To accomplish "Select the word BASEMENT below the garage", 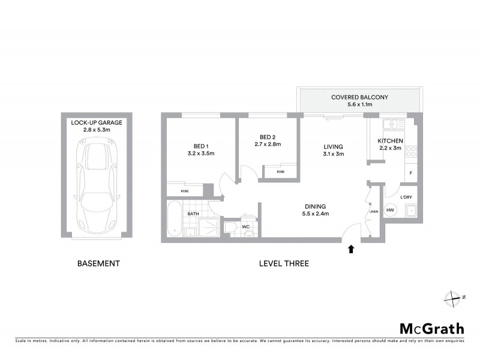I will click(x=99, y=263).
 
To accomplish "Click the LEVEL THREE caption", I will click(x=284, y=263).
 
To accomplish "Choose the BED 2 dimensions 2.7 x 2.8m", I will click(x=268, y=144).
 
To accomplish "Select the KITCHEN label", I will click(x=390, y=141).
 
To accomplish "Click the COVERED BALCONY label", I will click(x=360, y=97).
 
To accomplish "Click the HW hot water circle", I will click(x=390, y=210).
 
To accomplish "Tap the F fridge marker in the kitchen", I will click(x=410, y=173).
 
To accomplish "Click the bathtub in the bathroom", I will click(x=173, y=220).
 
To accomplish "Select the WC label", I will click(x=245, y=227).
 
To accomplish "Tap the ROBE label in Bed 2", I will click(x=280, y=172).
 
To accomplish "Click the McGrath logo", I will click(x=431, y=328).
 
